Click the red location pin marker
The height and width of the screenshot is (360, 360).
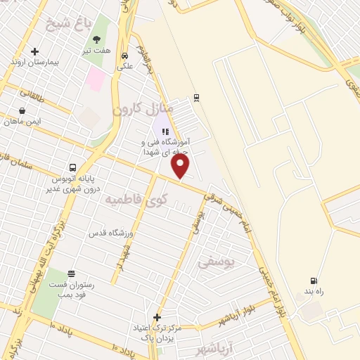pos(181,166)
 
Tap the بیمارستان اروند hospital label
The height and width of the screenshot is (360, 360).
pos(34,63)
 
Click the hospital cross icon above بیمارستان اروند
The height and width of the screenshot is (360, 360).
pos(34,51)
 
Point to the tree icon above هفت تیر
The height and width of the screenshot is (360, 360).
pos(96,40)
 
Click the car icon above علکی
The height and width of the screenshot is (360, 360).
pos(124,56)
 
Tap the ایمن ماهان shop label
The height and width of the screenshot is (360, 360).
pos(22,122)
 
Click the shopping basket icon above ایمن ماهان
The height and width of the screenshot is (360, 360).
pos(22,110)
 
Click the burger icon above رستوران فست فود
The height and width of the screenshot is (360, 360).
pos(71,274)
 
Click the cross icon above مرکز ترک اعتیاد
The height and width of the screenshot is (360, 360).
pos(157,317)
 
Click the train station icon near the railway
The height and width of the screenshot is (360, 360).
pos(196,98)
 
